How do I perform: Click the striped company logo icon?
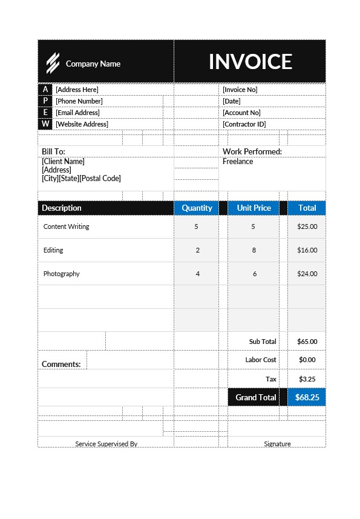coord(53,62)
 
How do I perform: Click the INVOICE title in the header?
coord(250,62)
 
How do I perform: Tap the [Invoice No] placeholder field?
coord(240,90)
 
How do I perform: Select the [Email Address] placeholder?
coord(77,113)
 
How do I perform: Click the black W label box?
coord(45,124)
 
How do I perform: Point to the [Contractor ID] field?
coord(244,124)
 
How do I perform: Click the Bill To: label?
coord(53,151)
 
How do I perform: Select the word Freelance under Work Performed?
coord(238,162)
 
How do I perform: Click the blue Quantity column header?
coord(197,208)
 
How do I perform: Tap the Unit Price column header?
coord(254,208)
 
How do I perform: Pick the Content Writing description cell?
coord(66,226)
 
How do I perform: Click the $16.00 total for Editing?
coord(307,250)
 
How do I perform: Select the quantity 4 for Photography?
coord(197,274)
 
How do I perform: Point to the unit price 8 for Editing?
coord(254,250)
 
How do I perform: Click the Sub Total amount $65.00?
coord(307,342)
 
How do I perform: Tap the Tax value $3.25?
coord(307,379)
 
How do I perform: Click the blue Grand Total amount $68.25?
coord(307,398)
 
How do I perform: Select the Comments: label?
coord(61,364)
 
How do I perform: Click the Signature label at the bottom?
coord(277,444)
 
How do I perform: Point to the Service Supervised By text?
coord(106,444)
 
